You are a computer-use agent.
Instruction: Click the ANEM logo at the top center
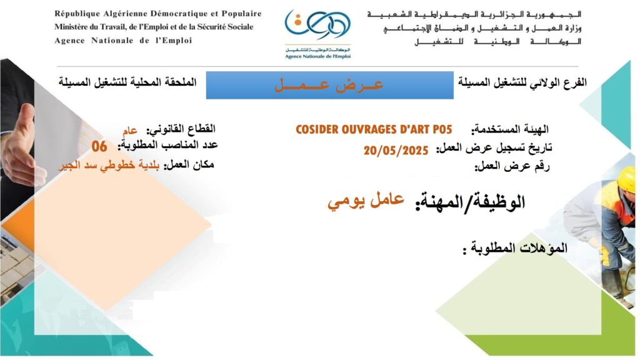[x=317, y=34]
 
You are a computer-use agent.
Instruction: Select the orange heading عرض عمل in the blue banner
[x=329, y=85]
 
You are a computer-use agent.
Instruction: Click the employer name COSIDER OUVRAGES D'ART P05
[x=374, y=129]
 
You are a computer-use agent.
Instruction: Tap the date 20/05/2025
[x=396, y=151]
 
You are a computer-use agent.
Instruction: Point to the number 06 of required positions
[x=99, y=146]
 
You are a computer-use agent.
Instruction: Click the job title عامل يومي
[x=366, y=201]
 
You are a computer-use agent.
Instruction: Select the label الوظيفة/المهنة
[x=470, y=202]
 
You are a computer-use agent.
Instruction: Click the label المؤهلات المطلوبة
[x=515, y=248]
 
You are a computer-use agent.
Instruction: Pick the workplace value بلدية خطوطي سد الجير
[x=109, y=165]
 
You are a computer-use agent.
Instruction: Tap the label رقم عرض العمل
[x=512, y=166]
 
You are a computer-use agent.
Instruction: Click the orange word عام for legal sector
[x=130, y=131]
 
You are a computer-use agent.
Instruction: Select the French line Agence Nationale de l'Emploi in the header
[x=123, y=41]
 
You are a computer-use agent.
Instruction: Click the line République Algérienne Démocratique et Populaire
[x=158, y=14]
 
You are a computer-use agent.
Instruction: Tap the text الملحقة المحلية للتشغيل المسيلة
[x=127, y=82]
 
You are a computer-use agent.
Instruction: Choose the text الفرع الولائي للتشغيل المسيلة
[x=522, y=82]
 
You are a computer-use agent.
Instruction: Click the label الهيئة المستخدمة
[x=510, y=130]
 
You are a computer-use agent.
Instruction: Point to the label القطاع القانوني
[x=181, y=129]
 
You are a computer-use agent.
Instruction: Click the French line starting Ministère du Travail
[x=154, y=27]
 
